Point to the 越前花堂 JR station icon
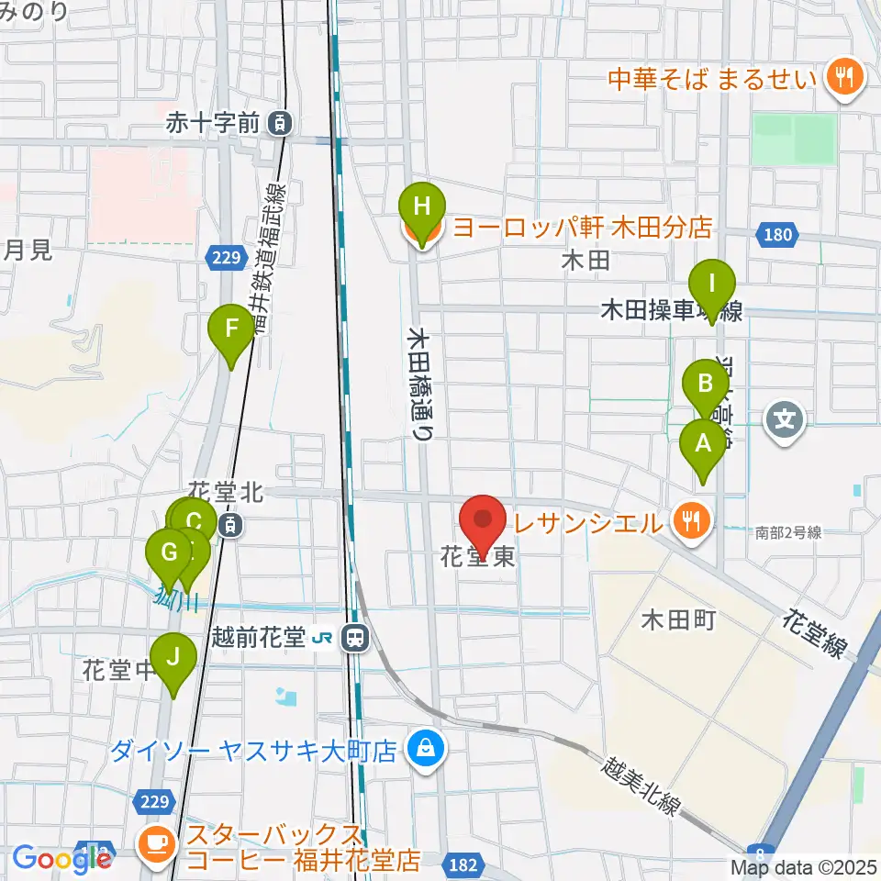point(352,636)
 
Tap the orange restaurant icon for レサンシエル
point(688,522)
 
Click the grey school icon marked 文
point(786,421)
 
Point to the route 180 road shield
point(775,236)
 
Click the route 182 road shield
point(461,864)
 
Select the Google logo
point(57,858)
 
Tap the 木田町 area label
point(678,621)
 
